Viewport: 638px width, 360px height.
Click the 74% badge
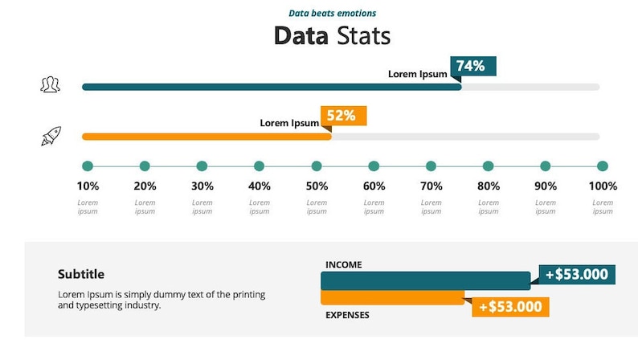point(473,66)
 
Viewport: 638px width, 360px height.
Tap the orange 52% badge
point(343,116)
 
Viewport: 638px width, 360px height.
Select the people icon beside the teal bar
point(51,84)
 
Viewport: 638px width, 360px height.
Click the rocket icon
point(51,137)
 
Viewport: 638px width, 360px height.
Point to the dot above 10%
point(88,166)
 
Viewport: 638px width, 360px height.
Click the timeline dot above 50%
point(317,166)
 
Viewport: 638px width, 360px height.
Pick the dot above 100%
point(603,166)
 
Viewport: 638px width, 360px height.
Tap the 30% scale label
point(202,186)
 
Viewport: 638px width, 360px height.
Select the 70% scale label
point(431,186)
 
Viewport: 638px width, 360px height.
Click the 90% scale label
point(546,186)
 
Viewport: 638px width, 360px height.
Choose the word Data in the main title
point(301,36)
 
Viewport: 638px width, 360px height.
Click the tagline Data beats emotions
point(332,13)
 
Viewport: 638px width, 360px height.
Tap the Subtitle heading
point(81,274)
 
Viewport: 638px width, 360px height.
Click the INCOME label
point(343,264)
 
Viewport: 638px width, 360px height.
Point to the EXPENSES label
point(347,315)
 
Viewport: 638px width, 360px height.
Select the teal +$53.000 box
point(576,274)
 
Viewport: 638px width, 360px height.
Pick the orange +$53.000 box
point(509,306)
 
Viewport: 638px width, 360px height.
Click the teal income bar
point(425,280)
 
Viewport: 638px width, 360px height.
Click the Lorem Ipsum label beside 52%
point(289,123)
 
